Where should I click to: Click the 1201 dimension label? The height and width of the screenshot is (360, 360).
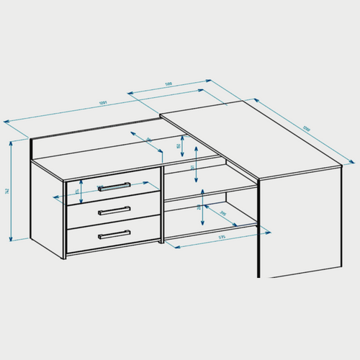coord(104,104)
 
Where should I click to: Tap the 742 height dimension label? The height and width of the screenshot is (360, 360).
coord(7,191)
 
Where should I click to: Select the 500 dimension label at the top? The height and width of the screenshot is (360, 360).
coord(168,84)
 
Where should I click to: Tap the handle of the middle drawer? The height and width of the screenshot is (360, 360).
coord(114,210)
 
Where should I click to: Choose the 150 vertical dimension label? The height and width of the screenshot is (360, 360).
coord(179,146)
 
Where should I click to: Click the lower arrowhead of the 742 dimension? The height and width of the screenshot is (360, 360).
coord(12,238)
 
